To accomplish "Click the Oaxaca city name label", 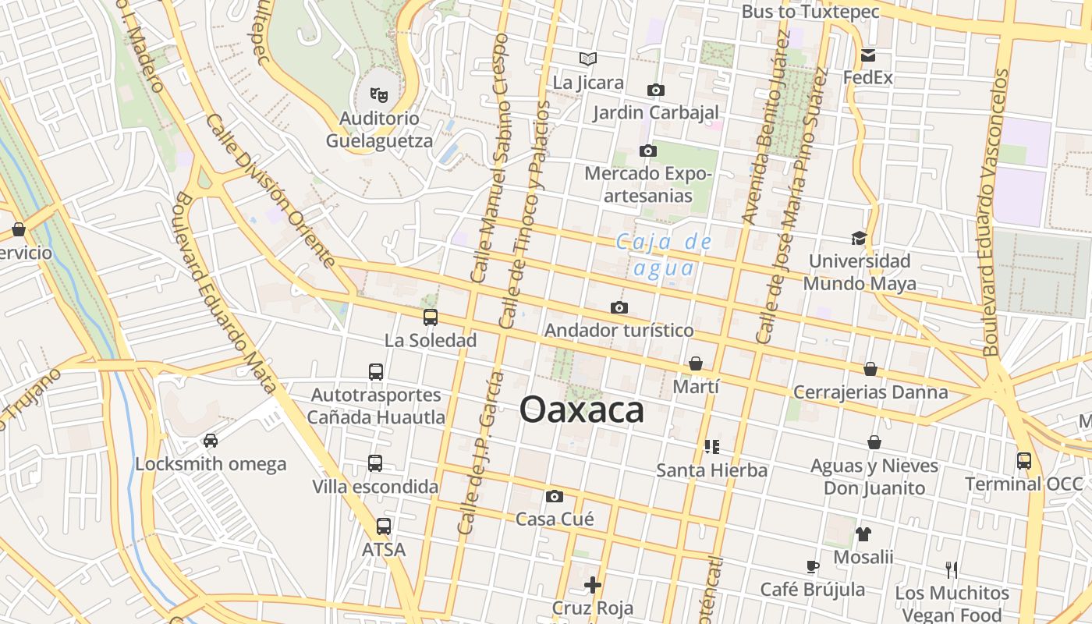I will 582,409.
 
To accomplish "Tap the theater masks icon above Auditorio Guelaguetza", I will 380,95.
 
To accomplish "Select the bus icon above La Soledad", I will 430,317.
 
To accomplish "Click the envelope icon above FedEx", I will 868,55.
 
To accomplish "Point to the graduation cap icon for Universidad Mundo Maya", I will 859,238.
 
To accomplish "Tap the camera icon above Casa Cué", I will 555,496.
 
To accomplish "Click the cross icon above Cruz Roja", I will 593,584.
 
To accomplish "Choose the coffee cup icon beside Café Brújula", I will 813,566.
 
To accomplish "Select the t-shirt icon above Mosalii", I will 863,534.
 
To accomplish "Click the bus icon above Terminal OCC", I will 1024,461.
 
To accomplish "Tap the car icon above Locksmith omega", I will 211,441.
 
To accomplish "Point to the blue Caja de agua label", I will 663,255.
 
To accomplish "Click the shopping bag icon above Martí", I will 696,363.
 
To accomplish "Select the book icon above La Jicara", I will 588,58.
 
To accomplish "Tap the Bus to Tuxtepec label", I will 810,12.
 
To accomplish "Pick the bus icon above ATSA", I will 384,526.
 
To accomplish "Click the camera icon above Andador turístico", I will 619,308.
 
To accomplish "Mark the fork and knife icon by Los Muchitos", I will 951,569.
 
